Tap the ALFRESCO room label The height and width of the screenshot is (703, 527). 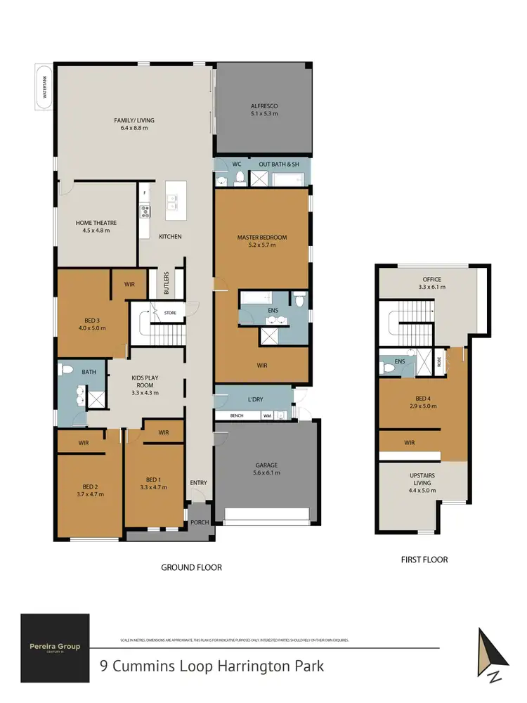(264, 106)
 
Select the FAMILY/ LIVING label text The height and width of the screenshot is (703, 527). (134, 120)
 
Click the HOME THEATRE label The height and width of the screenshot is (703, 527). (96, 223)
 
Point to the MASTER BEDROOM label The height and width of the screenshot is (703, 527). (261, 237)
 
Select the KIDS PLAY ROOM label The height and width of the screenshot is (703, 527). (145, 382)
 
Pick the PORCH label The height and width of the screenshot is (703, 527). (200, 522)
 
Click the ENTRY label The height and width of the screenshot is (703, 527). (199, 482)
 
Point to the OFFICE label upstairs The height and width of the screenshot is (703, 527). (422, 279)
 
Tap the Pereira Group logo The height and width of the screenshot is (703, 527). (55, 647)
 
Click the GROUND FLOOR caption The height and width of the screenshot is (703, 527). (192, 567)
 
